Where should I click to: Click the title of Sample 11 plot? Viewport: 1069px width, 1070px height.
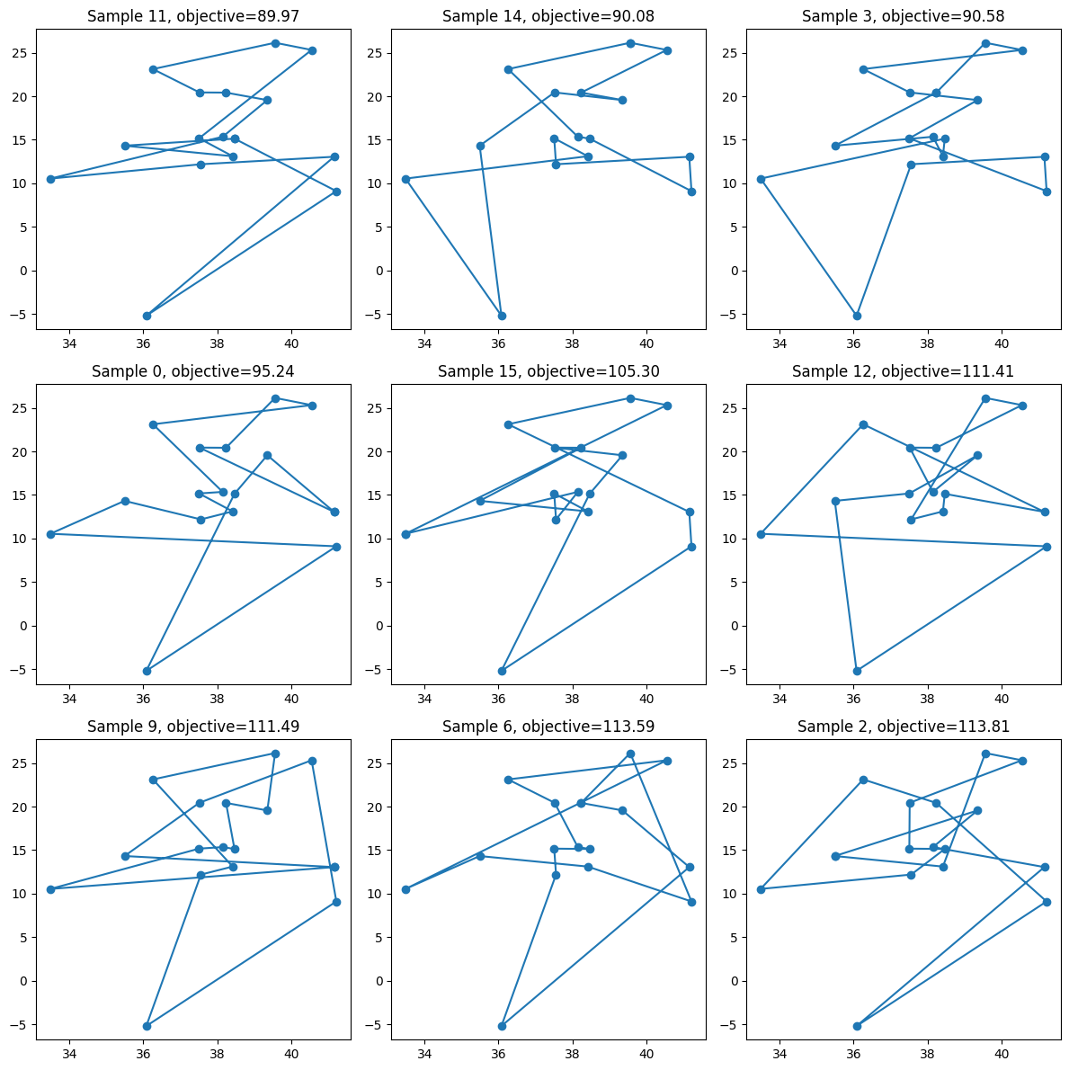pos(193,16)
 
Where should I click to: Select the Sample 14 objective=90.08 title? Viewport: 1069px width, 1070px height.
pos(548,16)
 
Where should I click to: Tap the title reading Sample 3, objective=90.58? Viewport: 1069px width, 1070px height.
pos(904,16)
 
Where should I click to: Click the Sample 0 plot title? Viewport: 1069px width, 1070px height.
pos(193,371)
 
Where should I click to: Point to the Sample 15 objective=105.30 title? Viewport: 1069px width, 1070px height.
pos(548,371)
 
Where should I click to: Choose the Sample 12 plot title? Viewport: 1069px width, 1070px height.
pos(904,371)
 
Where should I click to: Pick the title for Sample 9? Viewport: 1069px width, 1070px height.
pos(193,727)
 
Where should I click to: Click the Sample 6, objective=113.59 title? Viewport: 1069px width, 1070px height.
pos(548,727)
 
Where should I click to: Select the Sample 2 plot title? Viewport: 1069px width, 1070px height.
pos(904,727)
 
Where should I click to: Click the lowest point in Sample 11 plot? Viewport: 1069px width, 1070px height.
pos(147,316)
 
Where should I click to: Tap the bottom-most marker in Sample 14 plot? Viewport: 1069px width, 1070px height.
pos(502,316)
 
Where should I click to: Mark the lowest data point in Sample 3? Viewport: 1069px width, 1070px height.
pos(857,316)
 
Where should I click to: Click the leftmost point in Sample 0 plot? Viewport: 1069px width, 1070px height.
pos(50,534)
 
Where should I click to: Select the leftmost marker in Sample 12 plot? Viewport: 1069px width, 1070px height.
pos(761,534)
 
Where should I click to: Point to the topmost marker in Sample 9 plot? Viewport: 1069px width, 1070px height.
pos(275,753)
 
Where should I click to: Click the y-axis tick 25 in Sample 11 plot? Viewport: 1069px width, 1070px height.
pos(19,53)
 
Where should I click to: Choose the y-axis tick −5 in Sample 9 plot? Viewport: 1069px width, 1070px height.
pos(19,1025)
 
